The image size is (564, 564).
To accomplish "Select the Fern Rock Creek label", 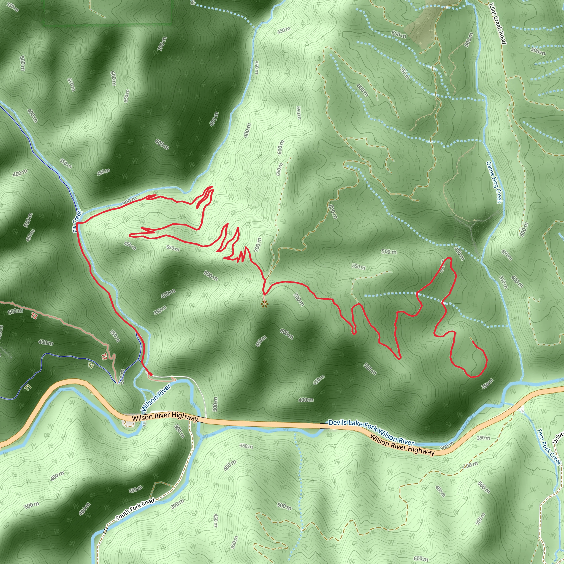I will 549,447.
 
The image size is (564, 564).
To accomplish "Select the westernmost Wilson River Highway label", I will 165,417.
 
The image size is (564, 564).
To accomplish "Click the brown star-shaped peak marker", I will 264,305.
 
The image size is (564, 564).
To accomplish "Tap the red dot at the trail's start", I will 151,374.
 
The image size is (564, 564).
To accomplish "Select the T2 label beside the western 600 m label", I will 34,316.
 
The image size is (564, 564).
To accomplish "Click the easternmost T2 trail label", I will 104,356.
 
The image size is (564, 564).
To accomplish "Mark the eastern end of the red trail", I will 472,341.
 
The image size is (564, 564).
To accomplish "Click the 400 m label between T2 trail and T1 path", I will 45,342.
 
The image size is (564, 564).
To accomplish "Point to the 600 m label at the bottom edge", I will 421,559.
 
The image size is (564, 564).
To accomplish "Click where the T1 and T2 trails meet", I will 118,383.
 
